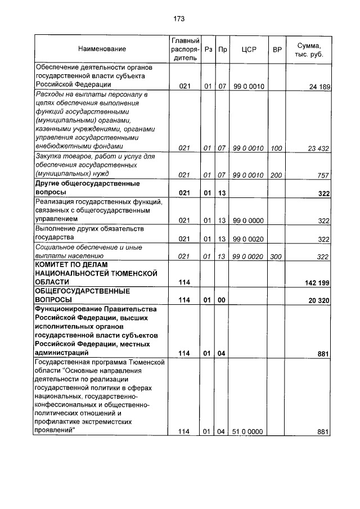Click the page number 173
coord(179,19)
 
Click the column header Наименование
coord(102,49)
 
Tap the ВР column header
coord(277,49)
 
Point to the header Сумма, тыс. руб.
coord(309,49)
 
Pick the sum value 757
coord(323,175)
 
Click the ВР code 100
coord(276,148)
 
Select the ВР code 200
coord(276,175)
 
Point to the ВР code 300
coord(276,256)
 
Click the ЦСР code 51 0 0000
coord(248,431)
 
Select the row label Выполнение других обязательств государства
coord(90,233)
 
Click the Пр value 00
coord(222,300)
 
